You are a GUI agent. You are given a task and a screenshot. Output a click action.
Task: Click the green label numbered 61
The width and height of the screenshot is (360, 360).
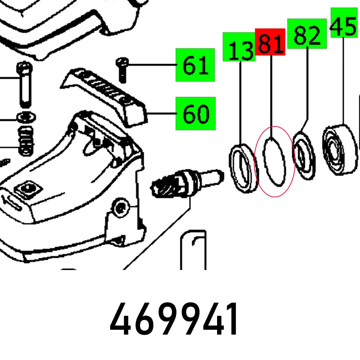[x=195, y=65]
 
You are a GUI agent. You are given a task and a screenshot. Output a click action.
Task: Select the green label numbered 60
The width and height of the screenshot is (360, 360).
[x=195, y=113]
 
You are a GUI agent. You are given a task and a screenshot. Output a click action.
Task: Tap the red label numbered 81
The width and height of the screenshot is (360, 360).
[x=270, y=42]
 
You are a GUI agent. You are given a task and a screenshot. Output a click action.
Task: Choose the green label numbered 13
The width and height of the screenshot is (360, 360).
[x=239, y=47]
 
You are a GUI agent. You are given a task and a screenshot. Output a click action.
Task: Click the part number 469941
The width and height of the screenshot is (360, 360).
[x=174, y=319]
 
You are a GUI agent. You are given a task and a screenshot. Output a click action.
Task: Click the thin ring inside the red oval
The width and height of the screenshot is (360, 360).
[x=275, y=162]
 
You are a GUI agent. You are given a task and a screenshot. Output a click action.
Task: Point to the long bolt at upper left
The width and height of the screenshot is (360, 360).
[x=24, y=85]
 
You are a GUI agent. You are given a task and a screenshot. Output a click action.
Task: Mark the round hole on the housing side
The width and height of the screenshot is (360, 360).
[x=120, y=207]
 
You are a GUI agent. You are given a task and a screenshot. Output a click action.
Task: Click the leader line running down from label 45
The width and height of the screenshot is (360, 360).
[x=344, y=79]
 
